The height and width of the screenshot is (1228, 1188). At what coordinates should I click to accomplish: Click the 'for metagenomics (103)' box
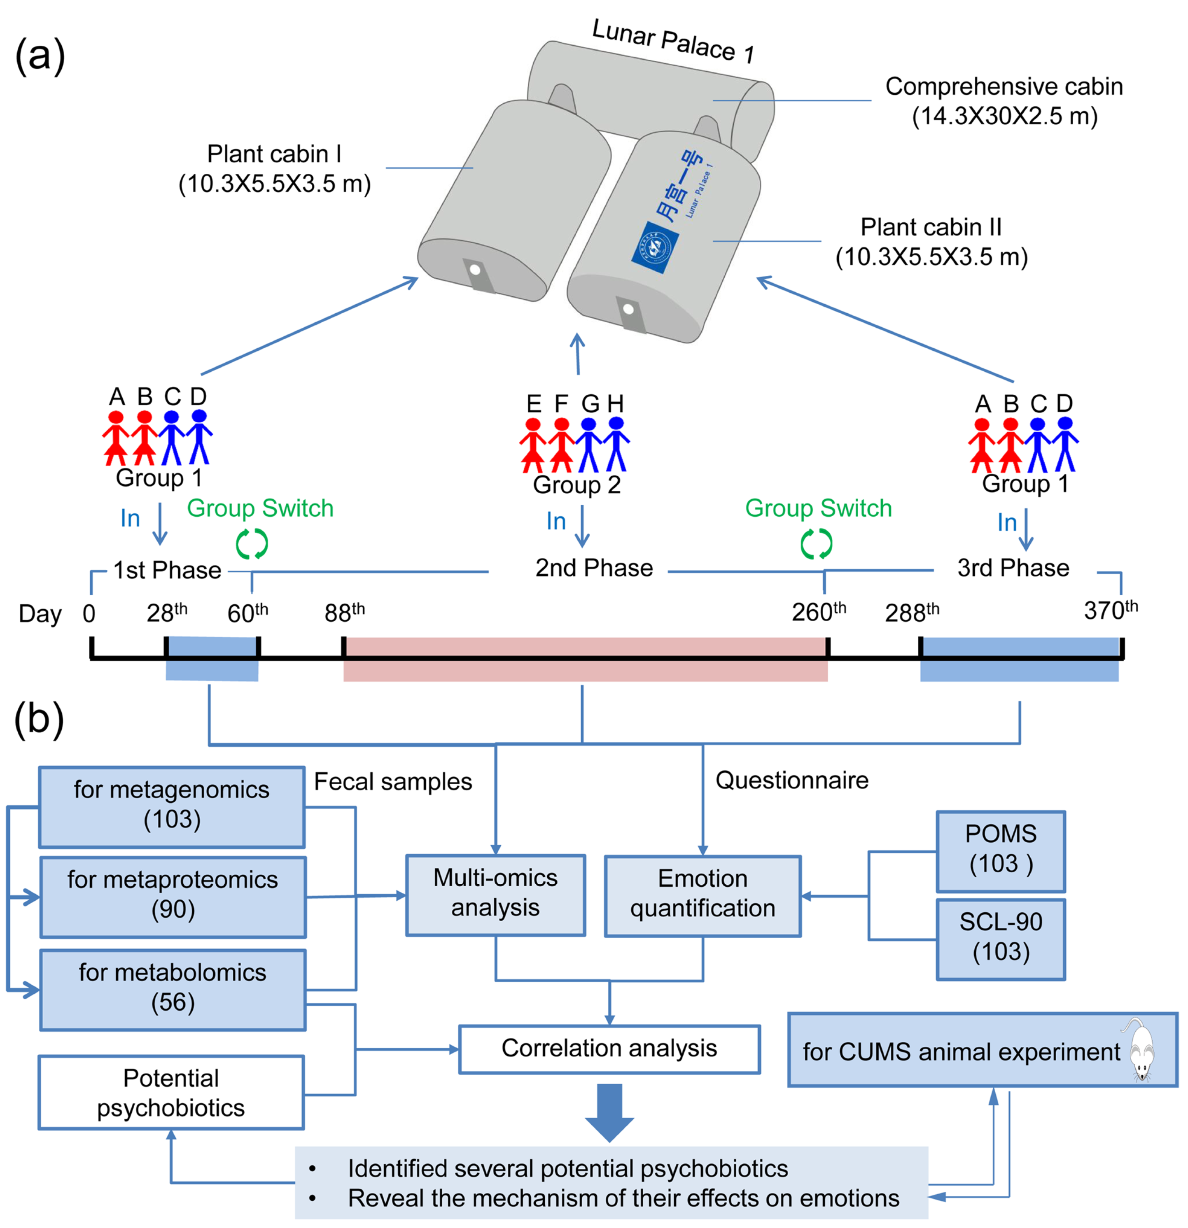click(172, 806)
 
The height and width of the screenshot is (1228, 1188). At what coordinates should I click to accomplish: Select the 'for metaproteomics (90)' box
click(173, 897)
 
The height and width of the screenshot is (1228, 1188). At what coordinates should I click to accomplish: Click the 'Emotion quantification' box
click(703, 896)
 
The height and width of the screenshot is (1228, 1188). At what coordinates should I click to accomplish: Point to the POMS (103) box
click(1000, 851)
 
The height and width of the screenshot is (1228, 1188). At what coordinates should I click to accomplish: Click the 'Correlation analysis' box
click(609, 1049)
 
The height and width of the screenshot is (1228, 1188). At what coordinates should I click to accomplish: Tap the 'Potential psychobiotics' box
click(171, 1092)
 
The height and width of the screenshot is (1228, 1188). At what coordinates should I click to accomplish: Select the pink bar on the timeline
click(585, 659)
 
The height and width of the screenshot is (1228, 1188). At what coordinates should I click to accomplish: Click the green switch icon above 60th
click(252, 543)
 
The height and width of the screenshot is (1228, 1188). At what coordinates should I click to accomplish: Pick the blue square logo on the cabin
click(654, 247)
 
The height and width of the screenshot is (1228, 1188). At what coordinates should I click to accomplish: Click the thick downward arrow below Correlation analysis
click(609, 1112)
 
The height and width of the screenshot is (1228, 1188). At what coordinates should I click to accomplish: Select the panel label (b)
click(39, 719)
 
